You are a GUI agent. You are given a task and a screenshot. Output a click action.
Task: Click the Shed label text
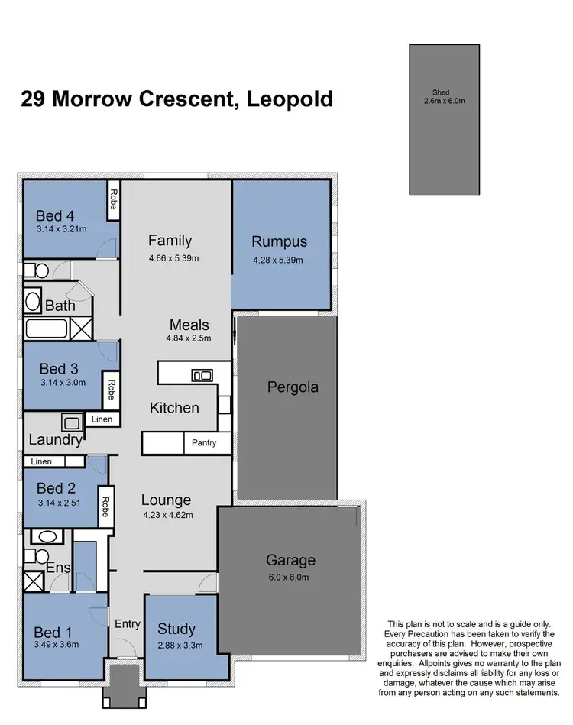pyautogui.click(x=444, y=93)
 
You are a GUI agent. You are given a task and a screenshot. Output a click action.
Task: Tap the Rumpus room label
pyautogui.click(x=279, y=242)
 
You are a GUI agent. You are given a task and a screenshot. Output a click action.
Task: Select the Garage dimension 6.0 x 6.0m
pyautogui.click(x=290, y=578)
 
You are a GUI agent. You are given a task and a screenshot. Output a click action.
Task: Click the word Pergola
pyautogui.click(x=293, y=387)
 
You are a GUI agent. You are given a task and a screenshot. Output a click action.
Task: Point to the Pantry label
pyautogui.click(x=205, y=443)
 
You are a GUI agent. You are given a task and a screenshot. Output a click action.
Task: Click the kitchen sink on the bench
pyautogui.click(x=202, y=374)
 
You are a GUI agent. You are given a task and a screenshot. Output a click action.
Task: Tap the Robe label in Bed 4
pyautogui.click(x=112, y=199)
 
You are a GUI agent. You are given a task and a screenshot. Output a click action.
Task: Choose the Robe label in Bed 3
pyautogui.click(x=112, y=390)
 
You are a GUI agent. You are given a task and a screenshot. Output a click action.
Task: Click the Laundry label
pyautogui.click(x=55, y=440)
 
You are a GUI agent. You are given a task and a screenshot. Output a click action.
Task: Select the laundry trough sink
pyautogui.click(x=73, y=422)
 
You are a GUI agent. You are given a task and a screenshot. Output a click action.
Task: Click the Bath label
pyautogui.click(x=60, y=306)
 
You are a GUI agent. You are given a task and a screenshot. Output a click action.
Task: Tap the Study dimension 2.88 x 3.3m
pyautogui.click(x=176, y=645)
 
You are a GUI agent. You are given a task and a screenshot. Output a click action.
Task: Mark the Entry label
pyautogui.click(x=128, y=624)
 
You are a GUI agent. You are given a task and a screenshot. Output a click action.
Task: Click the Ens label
pyautogui.click(x=58, y=568)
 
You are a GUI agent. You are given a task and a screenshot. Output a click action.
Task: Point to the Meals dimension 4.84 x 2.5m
pyautogui.click(x=189, y=338)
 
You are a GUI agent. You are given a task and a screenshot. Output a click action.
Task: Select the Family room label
pyautogui.click(x=170, y=241)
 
